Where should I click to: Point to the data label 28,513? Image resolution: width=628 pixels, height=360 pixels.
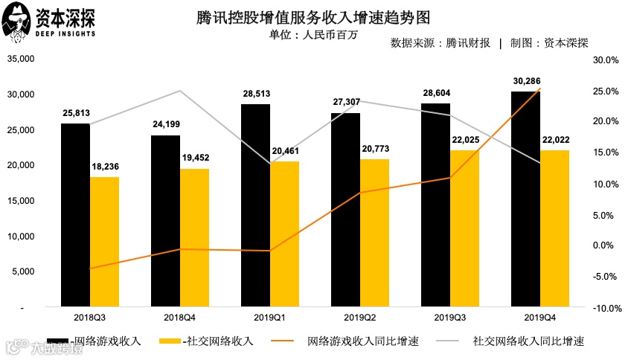point(255,94)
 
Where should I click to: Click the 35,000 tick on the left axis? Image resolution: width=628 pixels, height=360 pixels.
point(22,59)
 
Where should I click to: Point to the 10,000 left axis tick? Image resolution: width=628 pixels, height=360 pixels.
point(22,237)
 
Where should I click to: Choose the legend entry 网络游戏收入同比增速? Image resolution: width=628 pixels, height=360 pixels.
point(362,341)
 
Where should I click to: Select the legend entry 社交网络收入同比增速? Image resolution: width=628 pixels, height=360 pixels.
point(528,341)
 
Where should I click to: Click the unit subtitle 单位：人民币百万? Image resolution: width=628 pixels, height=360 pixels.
point(313,34)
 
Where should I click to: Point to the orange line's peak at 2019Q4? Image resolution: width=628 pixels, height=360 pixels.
point(540,89)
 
